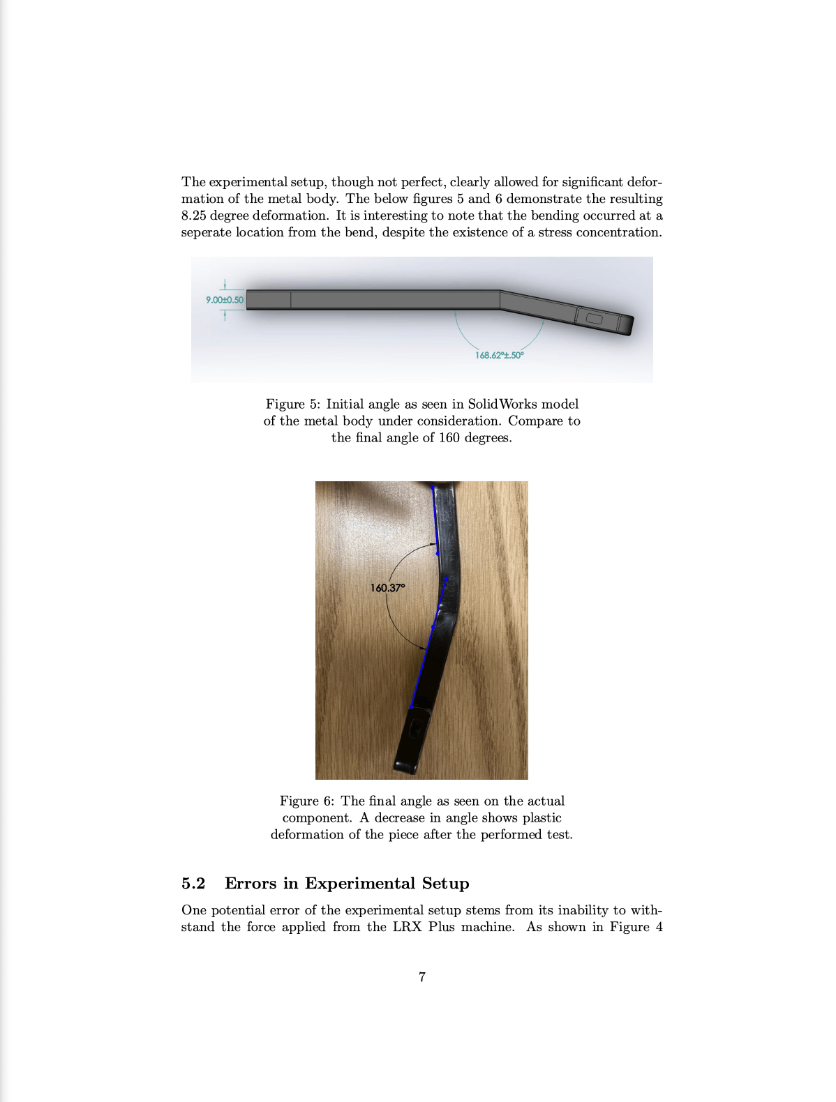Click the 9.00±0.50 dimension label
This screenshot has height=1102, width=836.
[224, 300]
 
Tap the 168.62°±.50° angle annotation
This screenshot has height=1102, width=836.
[499, 355]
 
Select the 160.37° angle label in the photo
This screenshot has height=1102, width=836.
[387, 588]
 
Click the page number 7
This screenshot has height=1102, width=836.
[421, 977]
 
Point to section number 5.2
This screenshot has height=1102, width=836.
[193, 884]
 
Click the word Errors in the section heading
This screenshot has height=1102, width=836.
[251, 884]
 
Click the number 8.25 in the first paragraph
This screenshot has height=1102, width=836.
[194, 216]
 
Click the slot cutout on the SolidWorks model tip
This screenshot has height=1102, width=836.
[595, 319]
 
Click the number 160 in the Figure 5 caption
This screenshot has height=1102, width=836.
[449, 438]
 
